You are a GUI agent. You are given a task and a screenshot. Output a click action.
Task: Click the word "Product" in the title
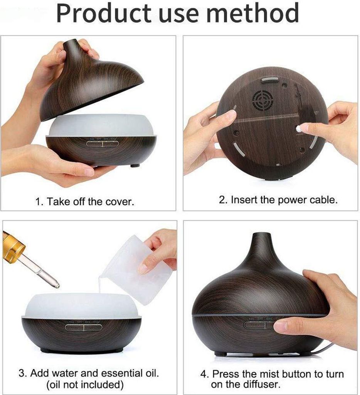(103, 14)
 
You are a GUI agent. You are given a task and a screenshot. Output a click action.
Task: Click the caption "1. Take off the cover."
(84, 201)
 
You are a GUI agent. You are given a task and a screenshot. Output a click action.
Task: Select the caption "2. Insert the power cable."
(278, 200)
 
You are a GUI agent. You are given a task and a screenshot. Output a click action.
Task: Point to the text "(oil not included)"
(85, 385)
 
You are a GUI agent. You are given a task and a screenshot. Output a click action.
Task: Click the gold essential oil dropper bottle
(13, 246)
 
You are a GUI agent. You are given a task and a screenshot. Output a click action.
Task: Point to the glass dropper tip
(57, 285)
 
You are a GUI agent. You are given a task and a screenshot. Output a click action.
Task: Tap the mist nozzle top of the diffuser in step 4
(262, 235)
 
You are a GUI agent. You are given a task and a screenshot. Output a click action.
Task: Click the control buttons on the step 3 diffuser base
(84, 327)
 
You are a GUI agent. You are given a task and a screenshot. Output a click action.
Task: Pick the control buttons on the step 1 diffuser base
(103, 144)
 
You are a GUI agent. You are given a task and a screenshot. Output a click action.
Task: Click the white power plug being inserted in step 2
(299, 129)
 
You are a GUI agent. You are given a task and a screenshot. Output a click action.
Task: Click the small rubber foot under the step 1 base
(135, 165)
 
